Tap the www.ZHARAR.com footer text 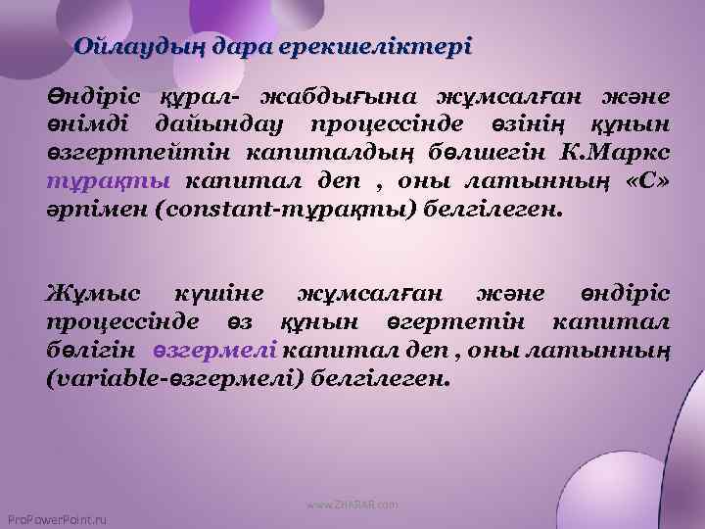click(x=352, y=505)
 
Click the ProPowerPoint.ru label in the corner click(x=56, y=518)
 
